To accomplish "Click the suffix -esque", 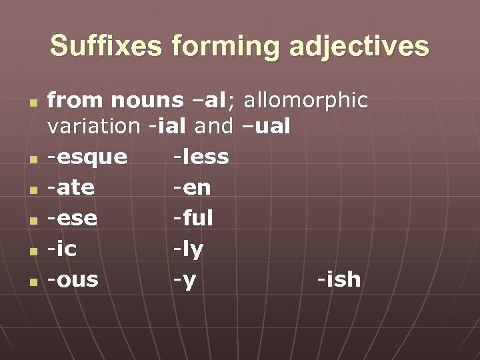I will click(x=87, y=157).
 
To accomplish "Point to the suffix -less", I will click(x=201, y=157).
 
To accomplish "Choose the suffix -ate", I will click(x=71, y=188).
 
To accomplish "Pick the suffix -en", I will click(x=192, y=188).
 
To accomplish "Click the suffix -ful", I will click(x=193, y=218).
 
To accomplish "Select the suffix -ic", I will click(x=62, y=249).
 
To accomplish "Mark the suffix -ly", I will click(x=188, y=249).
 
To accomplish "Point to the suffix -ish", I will click(x=339, y=279).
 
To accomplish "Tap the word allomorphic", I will click(x=306, y=101).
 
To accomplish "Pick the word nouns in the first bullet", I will click(x=146, y=101).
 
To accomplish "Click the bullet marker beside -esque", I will click(x=31, y=159).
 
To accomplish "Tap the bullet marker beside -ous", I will click(x=31, y=281).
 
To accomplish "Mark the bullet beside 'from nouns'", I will click(x=31, y=103).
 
